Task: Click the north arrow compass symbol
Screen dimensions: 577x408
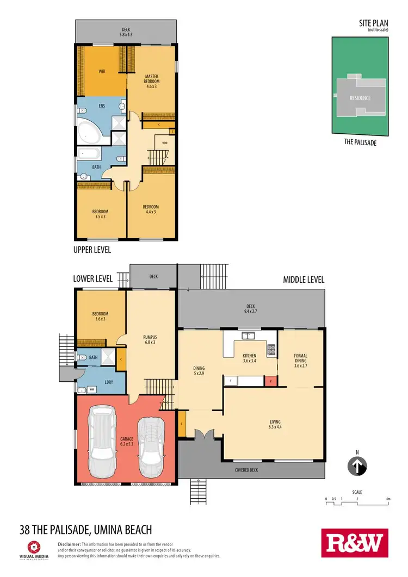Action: point(357,466)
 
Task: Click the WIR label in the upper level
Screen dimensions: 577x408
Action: point(102,71)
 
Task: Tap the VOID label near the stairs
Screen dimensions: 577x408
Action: point(164,144)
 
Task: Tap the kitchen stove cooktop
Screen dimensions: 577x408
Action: point(270,349)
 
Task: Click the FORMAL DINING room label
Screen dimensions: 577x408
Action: point(301,359)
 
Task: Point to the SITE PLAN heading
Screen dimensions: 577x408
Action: point(372,23)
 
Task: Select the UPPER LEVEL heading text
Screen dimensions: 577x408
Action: point(92,250)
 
